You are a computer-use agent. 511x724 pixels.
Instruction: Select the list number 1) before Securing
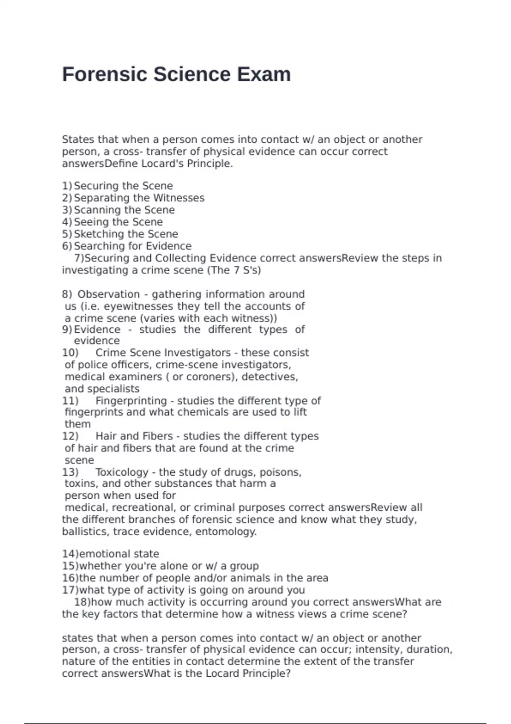pos(67,186)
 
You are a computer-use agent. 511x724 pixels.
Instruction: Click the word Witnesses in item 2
pos(179,198)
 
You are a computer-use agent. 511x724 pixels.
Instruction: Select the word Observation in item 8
pos(109,294)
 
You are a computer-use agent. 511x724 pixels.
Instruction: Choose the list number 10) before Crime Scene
pos(70,353)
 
